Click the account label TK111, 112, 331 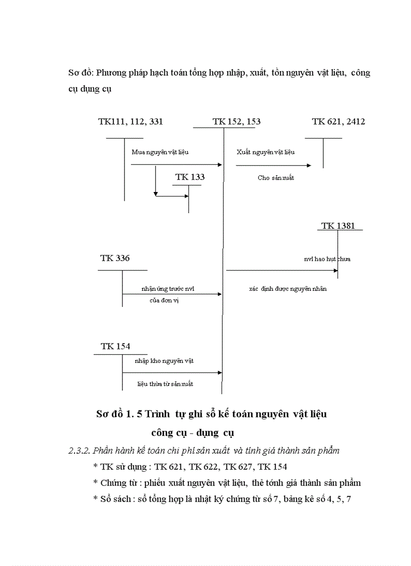[130, 121]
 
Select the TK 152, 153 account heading [236, 121]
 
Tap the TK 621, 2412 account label [338, 121]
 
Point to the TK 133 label [190, 177]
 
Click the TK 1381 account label [338, 226]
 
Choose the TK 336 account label [115, 258]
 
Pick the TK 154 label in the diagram [115, 346]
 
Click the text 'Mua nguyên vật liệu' [160, 152]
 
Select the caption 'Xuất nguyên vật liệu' [265, 152]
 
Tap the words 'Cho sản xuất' [276, 178]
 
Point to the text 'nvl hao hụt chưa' [327, 259]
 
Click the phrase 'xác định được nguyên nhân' [288, 289]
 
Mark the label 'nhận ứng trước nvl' [168, 289]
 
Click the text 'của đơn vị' [164, 300]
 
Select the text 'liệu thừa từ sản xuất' [165, 384]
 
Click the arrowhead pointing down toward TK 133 [156, 193]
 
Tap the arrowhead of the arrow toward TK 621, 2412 [309, 165]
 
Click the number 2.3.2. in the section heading [79, 451]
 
